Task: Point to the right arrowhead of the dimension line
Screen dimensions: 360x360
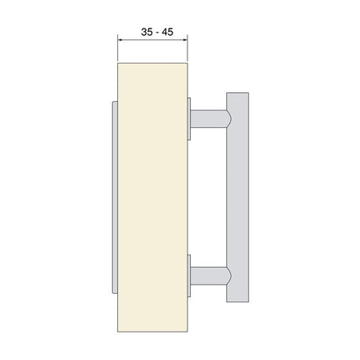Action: [x=183, y=39]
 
